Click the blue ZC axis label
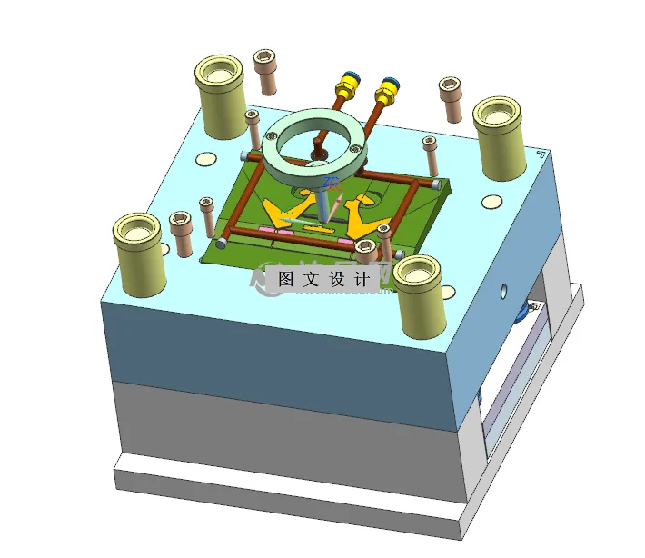pos(331,184)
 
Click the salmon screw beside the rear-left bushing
pos(265,72)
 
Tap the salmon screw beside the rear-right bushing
pos(450,98)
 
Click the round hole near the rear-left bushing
pos(207,160)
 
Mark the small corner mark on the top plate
pos(542,155)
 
